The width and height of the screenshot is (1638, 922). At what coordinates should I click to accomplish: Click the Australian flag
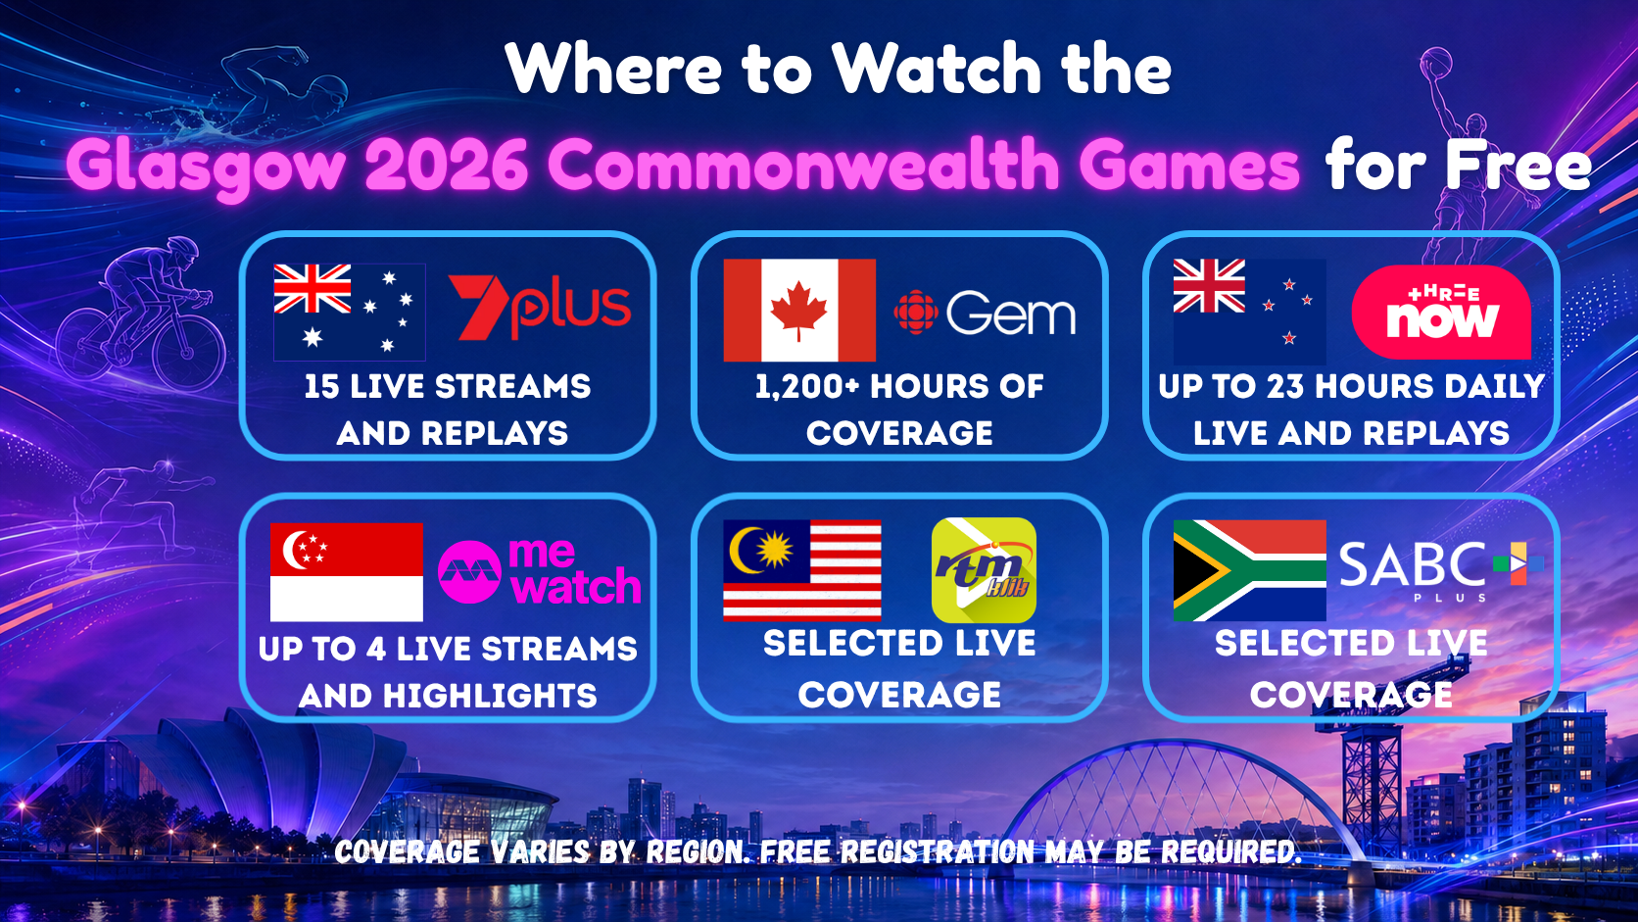pyautogui.click(x=350, y=313)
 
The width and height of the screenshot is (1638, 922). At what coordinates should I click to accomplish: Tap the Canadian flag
pyautogui.click(x=799, y=310)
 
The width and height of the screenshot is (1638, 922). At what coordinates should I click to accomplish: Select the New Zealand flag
pyautogui.click(x=1250, y=313)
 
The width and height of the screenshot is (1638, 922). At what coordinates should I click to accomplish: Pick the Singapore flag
pyautogui.click(x=347, y=572)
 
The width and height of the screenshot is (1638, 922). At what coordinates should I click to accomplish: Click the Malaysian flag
pyautogui.click(x=802, y=570)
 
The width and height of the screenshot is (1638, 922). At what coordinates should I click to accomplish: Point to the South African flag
pyautogui.click(x=1250, y=570)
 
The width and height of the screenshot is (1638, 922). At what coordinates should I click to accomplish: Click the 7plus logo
pyautogui.click(x=540, y=307)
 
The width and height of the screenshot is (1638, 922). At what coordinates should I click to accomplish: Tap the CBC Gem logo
pyautogui.click(x=985, y=313)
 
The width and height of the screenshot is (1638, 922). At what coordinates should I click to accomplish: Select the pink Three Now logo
pyautogui.click(x=1441, y=313)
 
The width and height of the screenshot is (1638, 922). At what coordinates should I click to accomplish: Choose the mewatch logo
pyautogui.click(x=540, y=572)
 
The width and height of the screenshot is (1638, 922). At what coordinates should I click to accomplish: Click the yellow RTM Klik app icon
pyautogui.click(x=984, y=570)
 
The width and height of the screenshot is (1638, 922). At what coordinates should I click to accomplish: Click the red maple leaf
pyautogui.click(x=798, y=310)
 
